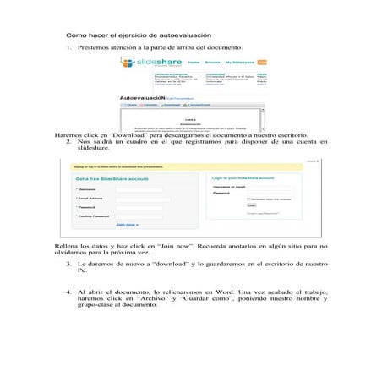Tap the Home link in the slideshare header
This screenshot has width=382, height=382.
click(194, 63)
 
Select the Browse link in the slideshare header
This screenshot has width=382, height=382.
click(212, 63)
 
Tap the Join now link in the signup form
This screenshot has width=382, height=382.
click(127, 225)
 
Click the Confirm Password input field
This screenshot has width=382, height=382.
click(139, 216)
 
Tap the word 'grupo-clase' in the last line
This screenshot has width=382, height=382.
click(95, 306)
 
